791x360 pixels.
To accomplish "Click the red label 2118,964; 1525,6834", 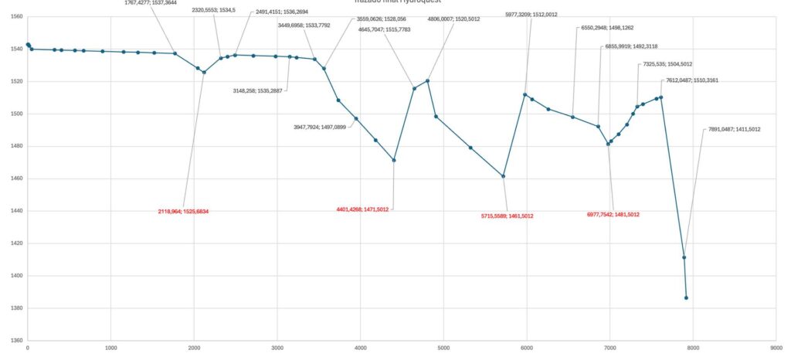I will click(x=183, y=211).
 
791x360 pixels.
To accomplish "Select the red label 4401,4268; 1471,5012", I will click(x=362, y=209).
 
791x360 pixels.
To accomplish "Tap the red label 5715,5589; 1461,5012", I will click(x=507, y=216).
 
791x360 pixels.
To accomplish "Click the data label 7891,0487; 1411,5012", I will click(x=735, y=129).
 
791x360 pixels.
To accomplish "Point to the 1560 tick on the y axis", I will click(x=16, y=16).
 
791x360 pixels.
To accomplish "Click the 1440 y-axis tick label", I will click(x=16, y=211).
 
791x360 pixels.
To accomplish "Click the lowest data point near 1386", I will click(x=686, y=298).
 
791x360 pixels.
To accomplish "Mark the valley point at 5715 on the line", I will click(x=503, y=176).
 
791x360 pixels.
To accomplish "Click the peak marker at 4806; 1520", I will click(x=427, y=80).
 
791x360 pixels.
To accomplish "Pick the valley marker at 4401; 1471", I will click(x=394, y=160).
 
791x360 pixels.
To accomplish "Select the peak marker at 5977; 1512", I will click(x=525, y=94).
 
